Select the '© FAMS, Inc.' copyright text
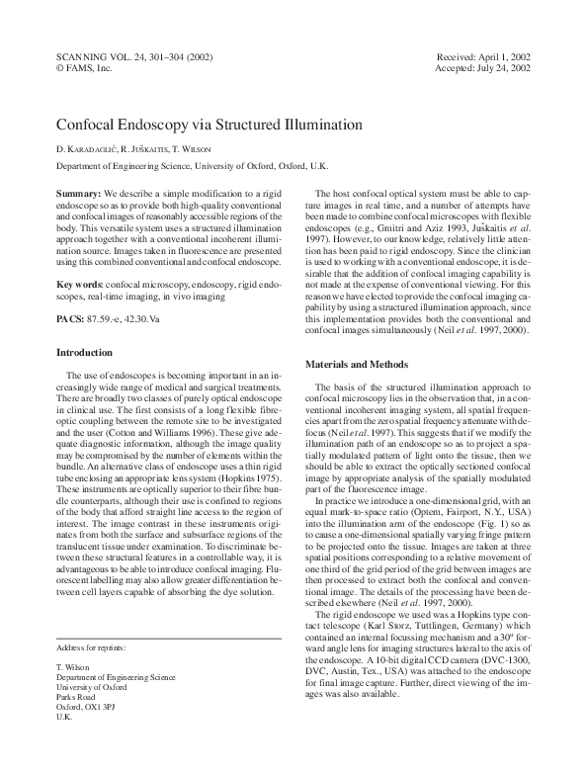coord(85,70)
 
